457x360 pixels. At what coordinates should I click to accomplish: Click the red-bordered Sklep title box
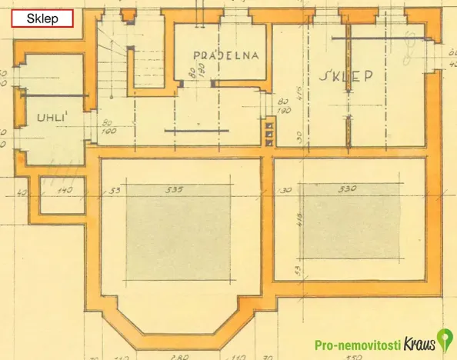(x=43, y=18)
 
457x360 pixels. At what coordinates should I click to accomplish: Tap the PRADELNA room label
(x=225, y=55)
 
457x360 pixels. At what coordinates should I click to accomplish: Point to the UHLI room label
(x=52, y=118)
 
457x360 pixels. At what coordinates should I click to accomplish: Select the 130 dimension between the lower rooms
(x=285, y=189)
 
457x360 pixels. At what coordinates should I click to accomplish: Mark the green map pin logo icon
(x=444, y=339)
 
